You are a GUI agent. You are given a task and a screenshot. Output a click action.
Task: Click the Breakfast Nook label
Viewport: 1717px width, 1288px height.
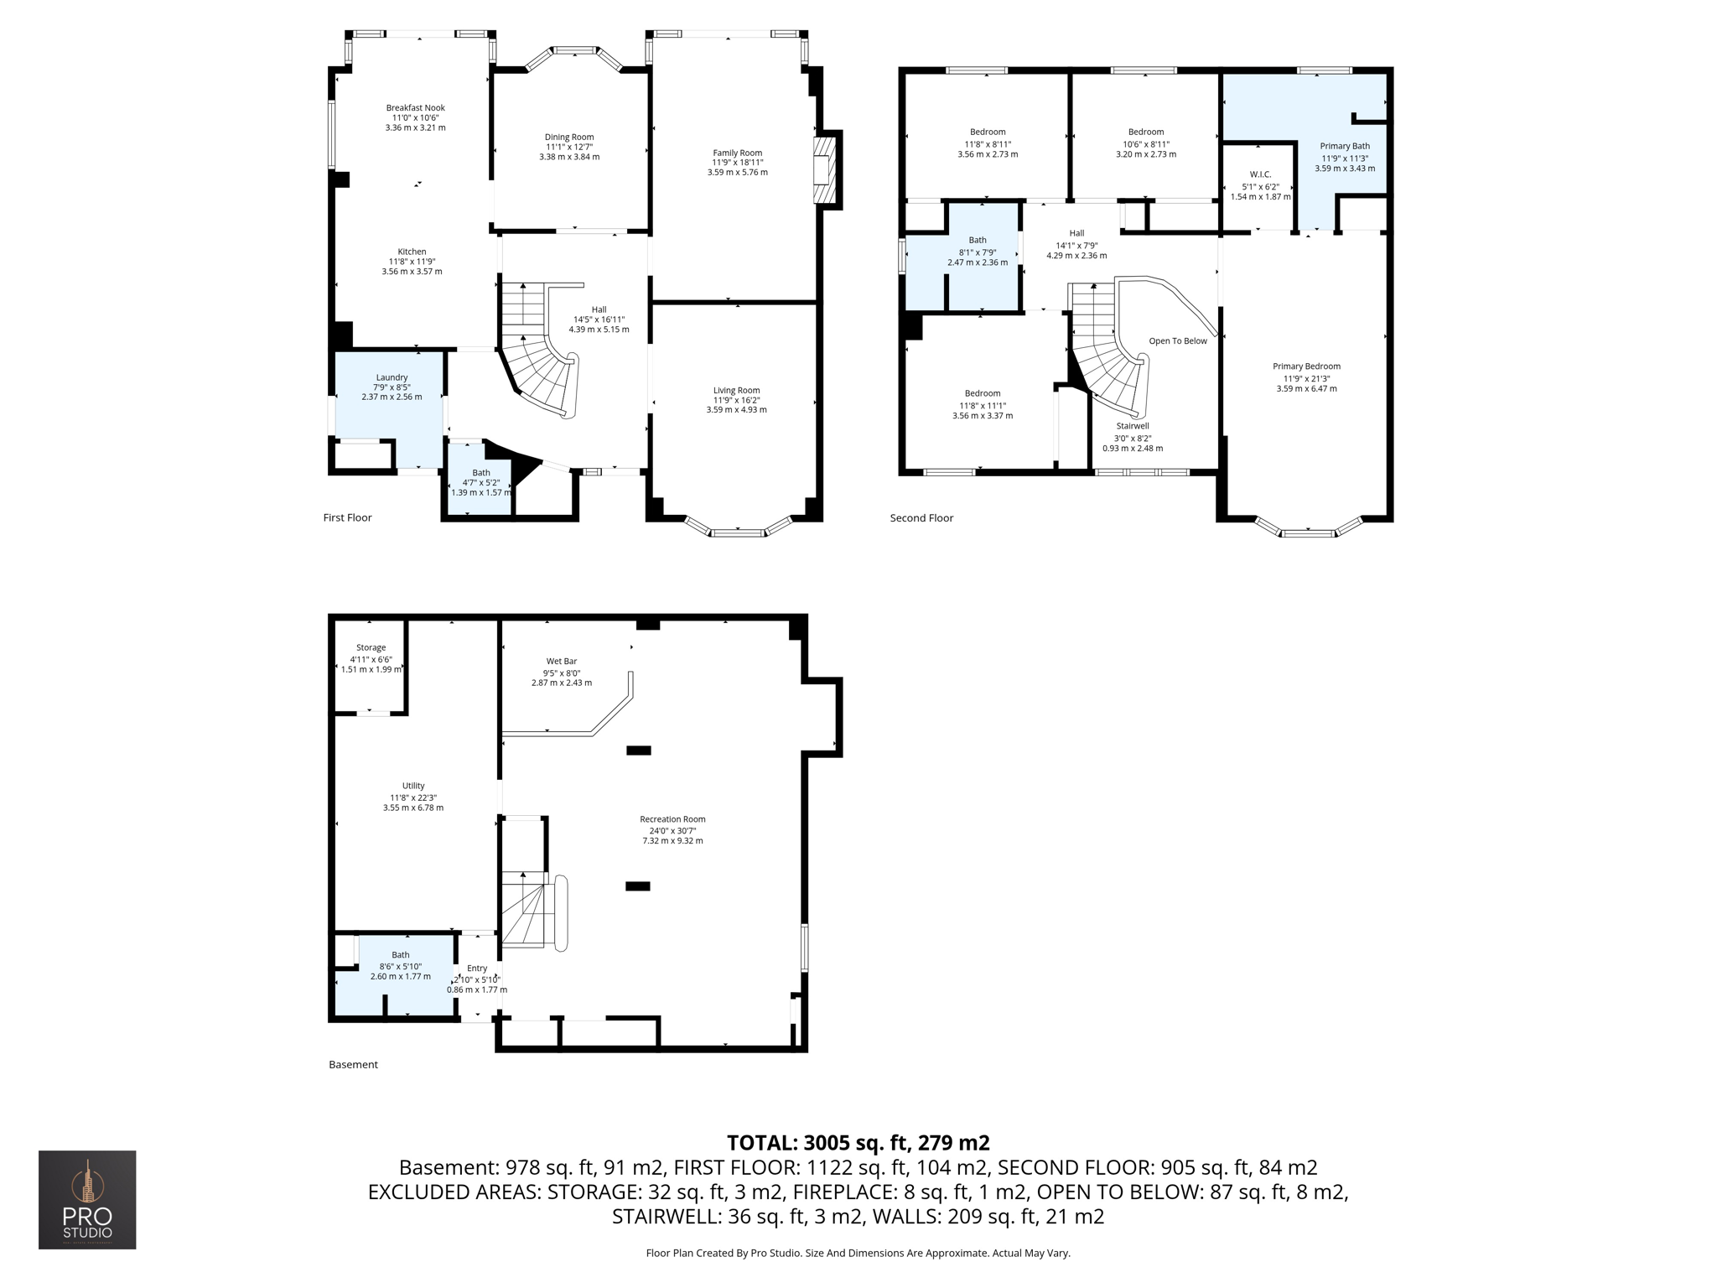[x=415, y=107]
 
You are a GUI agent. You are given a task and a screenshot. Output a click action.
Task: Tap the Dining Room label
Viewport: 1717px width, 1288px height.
[x=569, y=137]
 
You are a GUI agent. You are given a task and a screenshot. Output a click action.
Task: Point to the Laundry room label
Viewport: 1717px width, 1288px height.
[x=392, y=377]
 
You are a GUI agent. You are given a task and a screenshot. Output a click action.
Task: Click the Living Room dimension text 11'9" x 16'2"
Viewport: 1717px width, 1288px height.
[x=736, y=400]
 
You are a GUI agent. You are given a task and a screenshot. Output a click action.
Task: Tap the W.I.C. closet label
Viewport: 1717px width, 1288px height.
[x=1260, y=174]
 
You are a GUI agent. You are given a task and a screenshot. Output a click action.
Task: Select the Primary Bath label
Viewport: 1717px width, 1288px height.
[x=1344, y=146]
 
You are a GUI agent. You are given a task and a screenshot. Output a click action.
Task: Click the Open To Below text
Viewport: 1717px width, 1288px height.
[x=1177, y=340]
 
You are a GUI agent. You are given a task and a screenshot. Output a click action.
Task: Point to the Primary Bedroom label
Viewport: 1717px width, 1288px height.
[x=1306, y=366]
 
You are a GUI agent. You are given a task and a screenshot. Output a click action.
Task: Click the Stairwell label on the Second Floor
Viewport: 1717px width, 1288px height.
[x=1132, y=426]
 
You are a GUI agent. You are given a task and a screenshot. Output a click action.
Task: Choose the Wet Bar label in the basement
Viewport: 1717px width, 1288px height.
[x=561, y=661]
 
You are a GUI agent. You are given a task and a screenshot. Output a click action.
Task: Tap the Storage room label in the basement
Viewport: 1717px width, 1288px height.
[x=371, y=647]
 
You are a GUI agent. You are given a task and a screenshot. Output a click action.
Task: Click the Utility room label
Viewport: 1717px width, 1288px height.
[x=412, y=786]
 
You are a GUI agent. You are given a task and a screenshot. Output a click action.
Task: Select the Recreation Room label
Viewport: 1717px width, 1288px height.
[x=672, y=819]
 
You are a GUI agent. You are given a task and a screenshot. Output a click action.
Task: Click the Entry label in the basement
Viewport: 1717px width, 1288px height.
[x=476, y=969]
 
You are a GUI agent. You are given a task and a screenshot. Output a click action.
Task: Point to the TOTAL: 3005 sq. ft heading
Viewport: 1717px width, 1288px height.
[x=858, y=1142]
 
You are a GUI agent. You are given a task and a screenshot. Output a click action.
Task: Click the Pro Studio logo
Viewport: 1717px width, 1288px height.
[x=87, y=1199]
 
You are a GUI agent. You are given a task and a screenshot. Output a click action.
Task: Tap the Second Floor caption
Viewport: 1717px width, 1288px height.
[x=921, y=517]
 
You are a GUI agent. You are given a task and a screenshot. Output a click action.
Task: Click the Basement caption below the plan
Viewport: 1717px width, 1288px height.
[x=353, y=1064]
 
